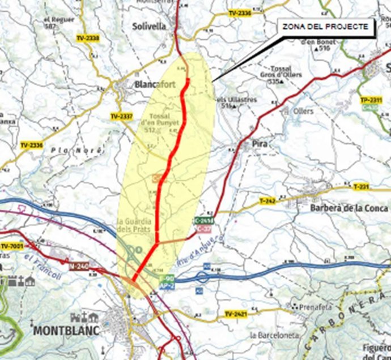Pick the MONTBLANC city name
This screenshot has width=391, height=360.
67,330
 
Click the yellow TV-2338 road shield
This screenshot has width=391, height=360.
87,38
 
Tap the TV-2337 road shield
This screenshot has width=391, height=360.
122,116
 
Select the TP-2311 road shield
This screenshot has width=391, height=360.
371,100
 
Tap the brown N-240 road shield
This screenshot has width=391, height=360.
80,265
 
